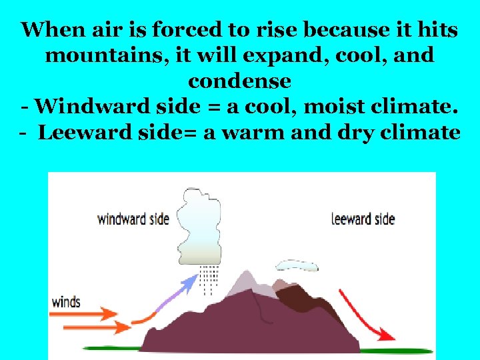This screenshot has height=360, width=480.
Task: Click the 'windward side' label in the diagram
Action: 133,219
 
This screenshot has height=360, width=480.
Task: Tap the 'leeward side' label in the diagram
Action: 363,219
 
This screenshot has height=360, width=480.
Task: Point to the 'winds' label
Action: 66,302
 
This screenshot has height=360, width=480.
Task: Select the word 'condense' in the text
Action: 239,81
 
